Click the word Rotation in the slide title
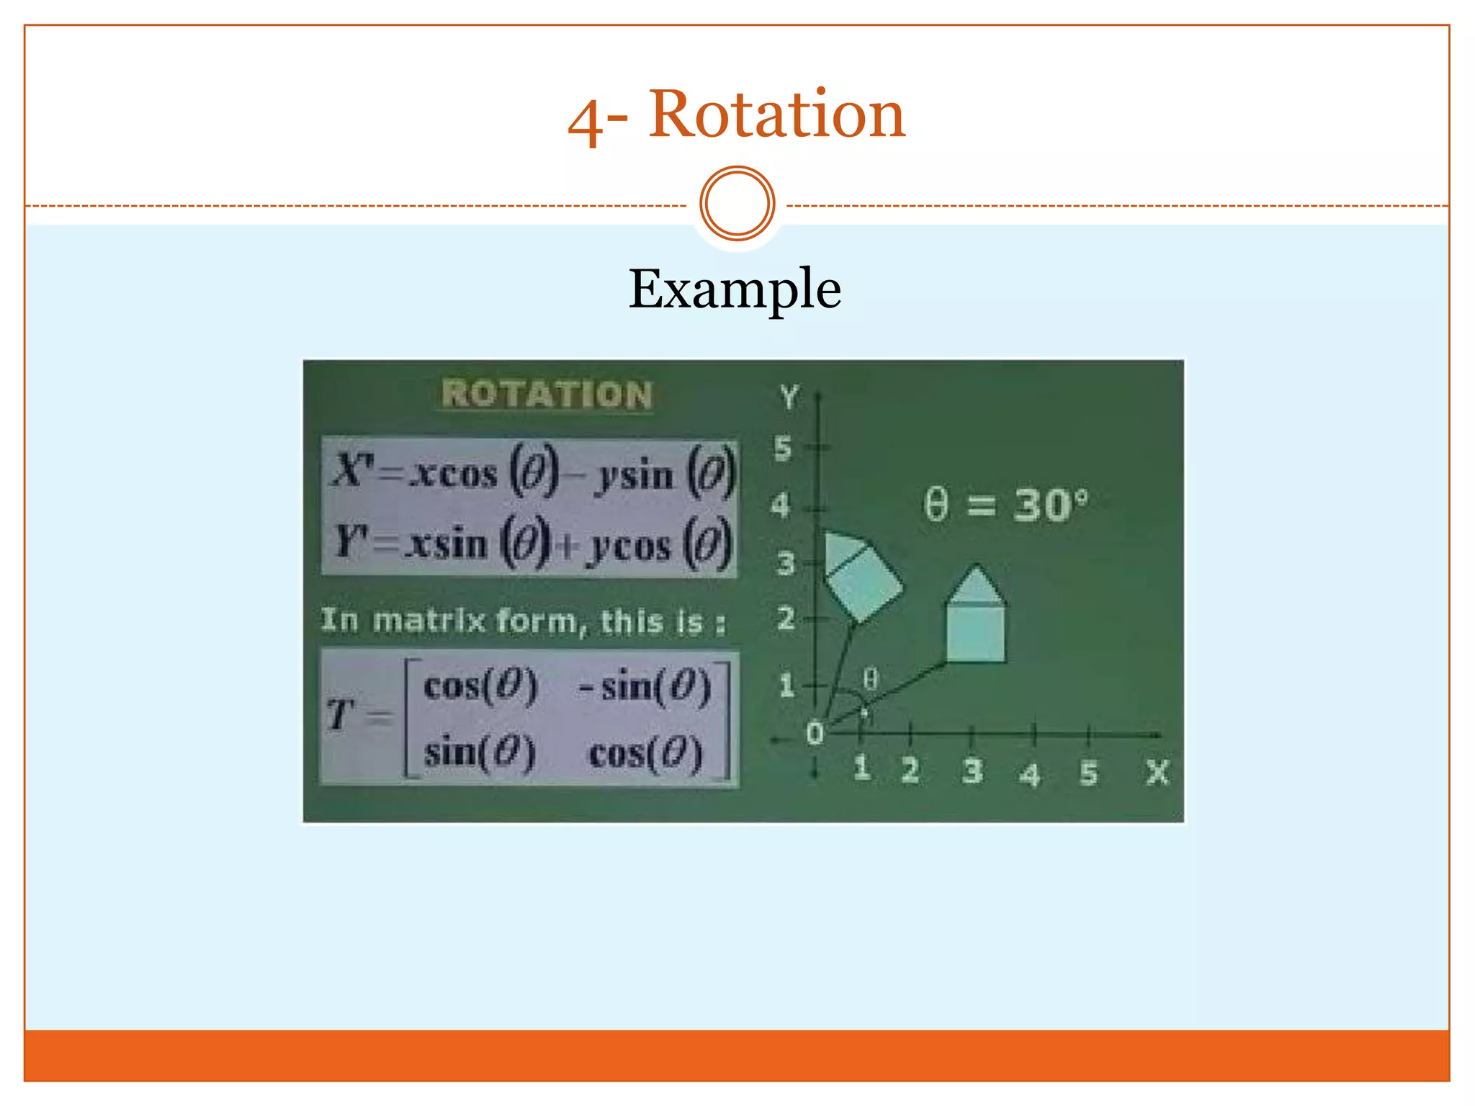pos(776,115)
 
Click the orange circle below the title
pos(737,204)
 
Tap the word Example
pos(735,289)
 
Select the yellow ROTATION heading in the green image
pos(547,395)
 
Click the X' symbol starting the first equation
pos(352,472)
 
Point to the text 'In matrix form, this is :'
pos(523,621)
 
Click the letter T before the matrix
pos(339,715)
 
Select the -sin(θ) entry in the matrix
pos(645,685)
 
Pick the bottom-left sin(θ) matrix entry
pos(480,753)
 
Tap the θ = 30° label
pos(1005,505)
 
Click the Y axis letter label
pos(789,397)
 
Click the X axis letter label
pos(1157,773)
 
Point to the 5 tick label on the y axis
pos(783,449)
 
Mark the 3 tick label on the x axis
pos(972,770)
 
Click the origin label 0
pos(815,734)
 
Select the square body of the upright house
pos(976,633)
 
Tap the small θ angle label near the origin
pos(870,679)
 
